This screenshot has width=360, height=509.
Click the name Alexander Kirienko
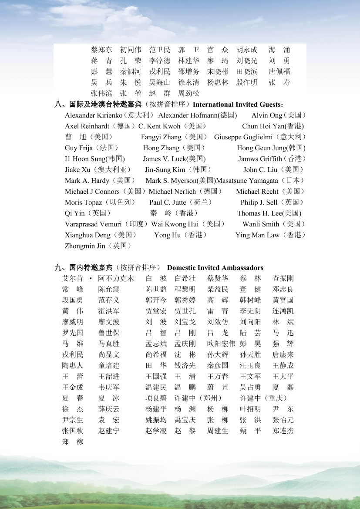[94, 115]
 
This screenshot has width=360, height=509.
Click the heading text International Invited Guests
[237, 104]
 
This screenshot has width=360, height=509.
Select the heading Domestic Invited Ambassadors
[215, 268]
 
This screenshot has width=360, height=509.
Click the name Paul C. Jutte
[168, 202]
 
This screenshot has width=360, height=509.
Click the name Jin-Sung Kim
[165, 170]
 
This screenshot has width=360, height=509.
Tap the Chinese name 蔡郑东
[101, 50]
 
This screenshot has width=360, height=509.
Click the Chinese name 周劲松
[188, 93]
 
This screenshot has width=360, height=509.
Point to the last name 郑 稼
[73, 442]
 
